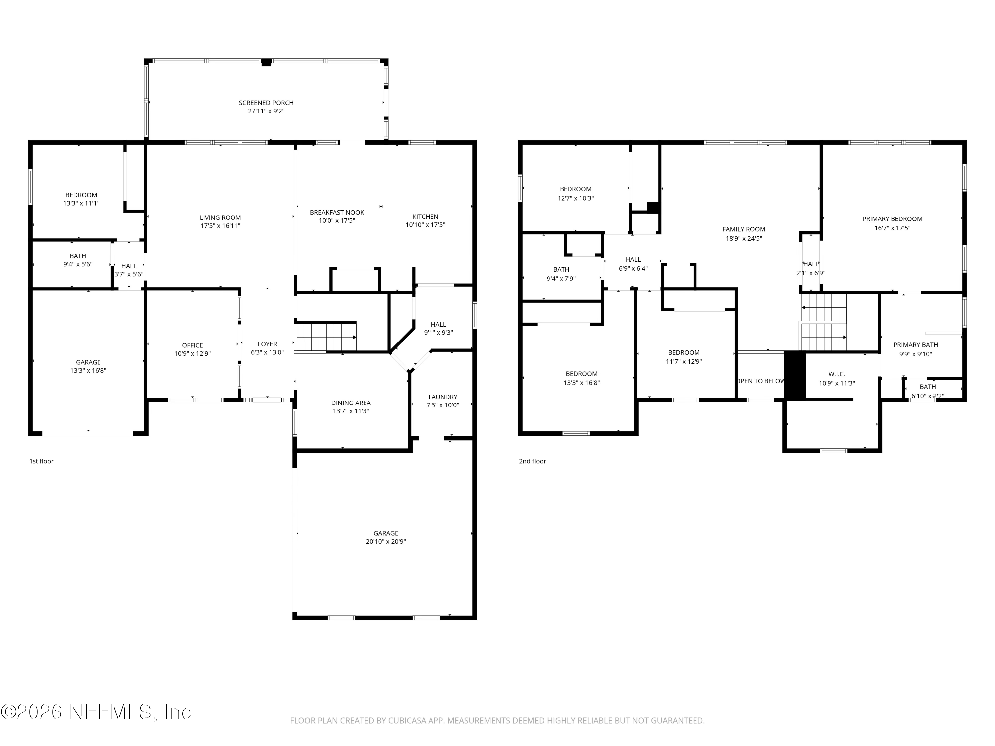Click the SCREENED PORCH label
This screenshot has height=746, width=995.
click(266, 103)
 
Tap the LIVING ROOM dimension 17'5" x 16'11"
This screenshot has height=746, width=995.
click(221, 226)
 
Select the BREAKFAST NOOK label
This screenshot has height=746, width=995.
click(337, 212)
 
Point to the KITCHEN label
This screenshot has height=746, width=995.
click(425, 216)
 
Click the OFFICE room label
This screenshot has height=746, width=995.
click(192, 345)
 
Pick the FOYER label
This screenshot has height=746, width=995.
click(267, 344)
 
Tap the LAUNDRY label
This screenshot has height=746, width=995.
click(443, 397)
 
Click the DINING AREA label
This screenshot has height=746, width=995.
click(351, 403)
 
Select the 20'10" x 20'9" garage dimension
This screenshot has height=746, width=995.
click(386, 542)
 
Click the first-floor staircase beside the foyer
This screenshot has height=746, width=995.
click(326, 337)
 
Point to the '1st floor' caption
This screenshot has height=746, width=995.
click(41, 461)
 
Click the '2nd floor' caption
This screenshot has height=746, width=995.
click(533, 461)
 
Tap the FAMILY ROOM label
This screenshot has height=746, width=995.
click(744, 229)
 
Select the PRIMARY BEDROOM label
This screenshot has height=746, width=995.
click(892, 219)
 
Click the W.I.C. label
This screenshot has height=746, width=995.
click(837, 374)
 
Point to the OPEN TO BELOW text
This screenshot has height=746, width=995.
click(761, 381)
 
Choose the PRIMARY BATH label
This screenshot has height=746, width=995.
click(915, 345)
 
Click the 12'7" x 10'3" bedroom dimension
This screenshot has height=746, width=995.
click(576, 198)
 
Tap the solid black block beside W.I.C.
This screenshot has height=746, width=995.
click(794, 375)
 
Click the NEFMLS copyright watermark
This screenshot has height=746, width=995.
click(96, 712)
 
